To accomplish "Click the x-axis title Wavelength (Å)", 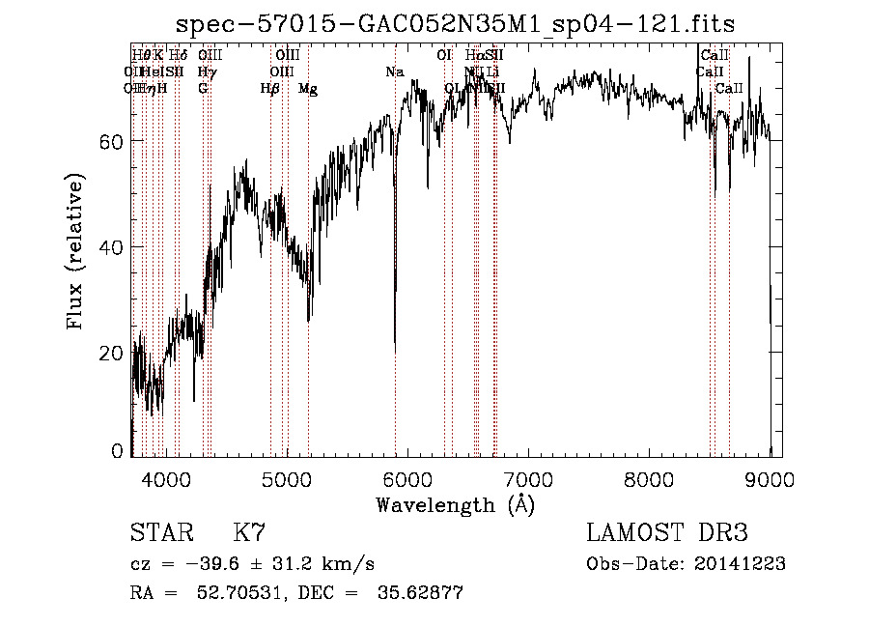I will pyautogui.click(x=455, y=503).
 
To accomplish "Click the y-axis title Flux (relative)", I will pyautogui.click(x=75, y=250).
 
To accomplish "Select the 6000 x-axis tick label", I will pyautogui.click(x=407, y=478).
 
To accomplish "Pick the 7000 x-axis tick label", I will pyautogui.click(x=528, y=478).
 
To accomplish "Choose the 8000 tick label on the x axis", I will pyautogui.click(x=649, y=478).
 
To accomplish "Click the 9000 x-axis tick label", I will pyautogui.click(x=770, y=478).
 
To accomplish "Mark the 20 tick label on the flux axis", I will pyautogui.click(x=111, y=353).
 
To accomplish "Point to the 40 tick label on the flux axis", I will pyautogui.click(x=111, y=247).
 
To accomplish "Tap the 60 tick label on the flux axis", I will pyautogui.click(x=111, y=142).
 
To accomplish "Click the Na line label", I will pyautogui.click(x=394, y=71).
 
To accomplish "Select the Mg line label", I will pyautogui.click(x=308, y=89).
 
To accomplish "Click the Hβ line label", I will pyautogui.click(x=269, y=89).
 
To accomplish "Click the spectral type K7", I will pyautogui.click(x=249, y=533).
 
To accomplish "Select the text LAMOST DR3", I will pyautogui.click(x=667, y=533).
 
